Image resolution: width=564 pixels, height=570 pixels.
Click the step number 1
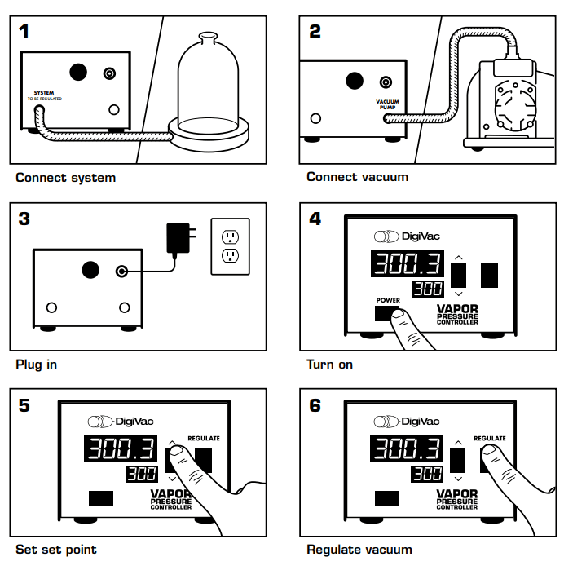[25, 32]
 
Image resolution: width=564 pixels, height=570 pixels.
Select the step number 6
[315, 405]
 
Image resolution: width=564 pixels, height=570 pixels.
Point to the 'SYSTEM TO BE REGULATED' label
[44, 95]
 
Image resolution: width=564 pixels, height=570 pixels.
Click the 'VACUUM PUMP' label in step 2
[387, 104]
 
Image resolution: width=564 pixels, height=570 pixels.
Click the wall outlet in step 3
[230, 245]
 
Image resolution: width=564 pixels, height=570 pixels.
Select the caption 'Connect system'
[65, 177]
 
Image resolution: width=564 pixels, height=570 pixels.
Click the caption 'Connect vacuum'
[357, 177]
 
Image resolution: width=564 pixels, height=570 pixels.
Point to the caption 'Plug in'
[37, 364]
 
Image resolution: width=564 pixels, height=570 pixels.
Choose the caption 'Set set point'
[56, 550]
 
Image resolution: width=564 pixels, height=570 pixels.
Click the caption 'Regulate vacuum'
[359, 550]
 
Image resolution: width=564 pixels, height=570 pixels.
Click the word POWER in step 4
[388, 300]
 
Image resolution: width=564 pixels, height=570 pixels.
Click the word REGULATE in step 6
[490, 438]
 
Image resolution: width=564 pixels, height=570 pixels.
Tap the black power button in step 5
[101, 498]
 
